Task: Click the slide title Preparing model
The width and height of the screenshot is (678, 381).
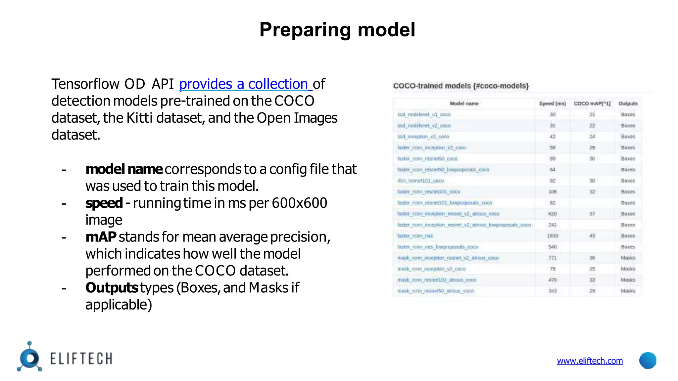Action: [x=337, y=30]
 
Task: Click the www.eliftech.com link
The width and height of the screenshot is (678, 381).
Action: [x=590, y=360]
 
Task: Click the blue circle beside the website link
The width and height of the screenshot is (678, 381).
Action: [x=648, y=360]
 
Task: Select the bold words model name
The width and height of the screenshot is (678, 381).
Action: [x=123, y=169]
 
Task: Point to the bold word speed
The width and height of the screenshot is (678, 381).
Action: [x=104, y=203]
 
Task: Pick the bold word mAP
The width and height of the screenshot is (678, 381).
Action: [x=101, y=237]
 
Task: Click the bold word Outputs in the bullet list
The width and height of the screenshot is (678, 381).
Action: [x=112, y=288]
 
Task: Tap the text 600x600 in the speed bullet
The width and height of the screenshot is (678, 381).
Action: [x=299, y=203]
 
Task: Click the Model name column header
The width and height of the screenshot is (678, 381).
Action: [x=464, y=104]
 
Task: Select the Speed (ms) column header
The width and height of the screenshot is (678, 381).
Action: [x=552, y=104]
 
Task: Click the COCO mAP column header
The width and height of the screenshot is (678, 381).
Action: [x=592, y=104]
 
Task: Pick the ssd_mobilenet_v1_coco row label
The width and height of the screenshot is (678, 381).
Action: [x=424, y=114]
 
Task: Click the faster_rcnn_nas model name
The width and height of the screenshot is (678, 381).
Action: [x=415, y=236]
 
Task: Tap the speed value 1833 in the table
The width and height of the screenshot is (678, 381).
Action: [x=552, y=236]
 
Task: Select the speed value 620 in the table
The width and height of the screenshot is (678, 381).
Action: [x=552, y=214]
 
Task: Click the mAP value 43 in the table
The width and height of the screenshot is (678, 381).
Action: [x=592, y=236]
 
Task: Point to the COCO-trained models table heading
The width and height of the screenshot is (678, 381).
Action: [x=461, y=86]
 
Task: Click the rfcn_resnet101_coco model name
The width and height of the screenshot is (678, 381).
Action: [x=420, y=181]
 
